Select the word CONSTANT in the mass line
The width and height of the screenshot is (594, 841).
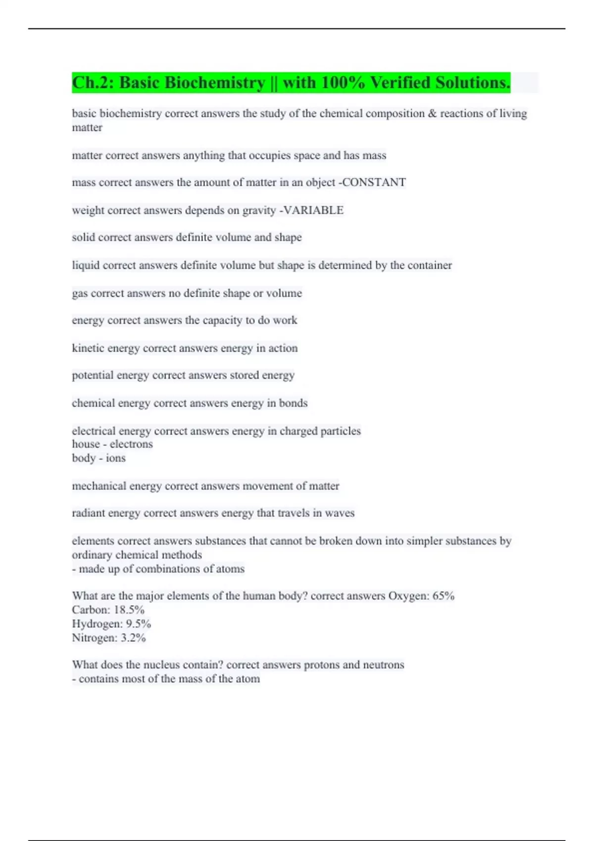click(374, 183)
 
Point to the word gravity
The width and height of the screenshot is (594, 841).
click(259, 210)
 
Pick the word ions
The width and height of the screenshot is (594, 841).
click(116, 458)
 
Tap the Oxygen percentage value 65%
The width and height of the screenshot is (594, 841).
click(443, 596)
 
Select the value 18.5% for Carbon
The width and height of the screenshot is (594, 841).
click(129, 610)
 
